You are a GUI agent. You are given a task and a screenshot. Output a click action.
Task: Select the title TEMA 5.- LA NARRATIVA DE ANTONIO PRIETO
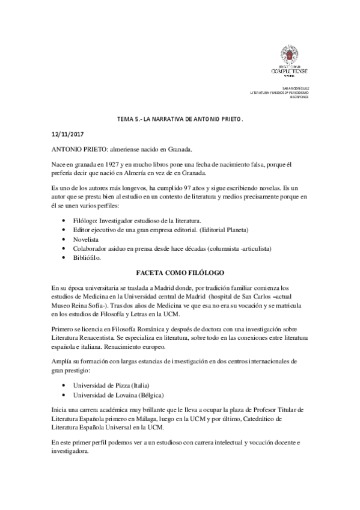pos(180,120)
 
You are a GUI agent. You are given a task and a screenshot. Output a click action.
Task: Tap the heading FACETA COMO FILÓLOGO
pos(180,272)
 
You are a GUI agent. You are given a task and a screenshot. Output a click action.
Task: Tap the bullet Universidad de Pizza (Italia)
pos(111,385)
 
